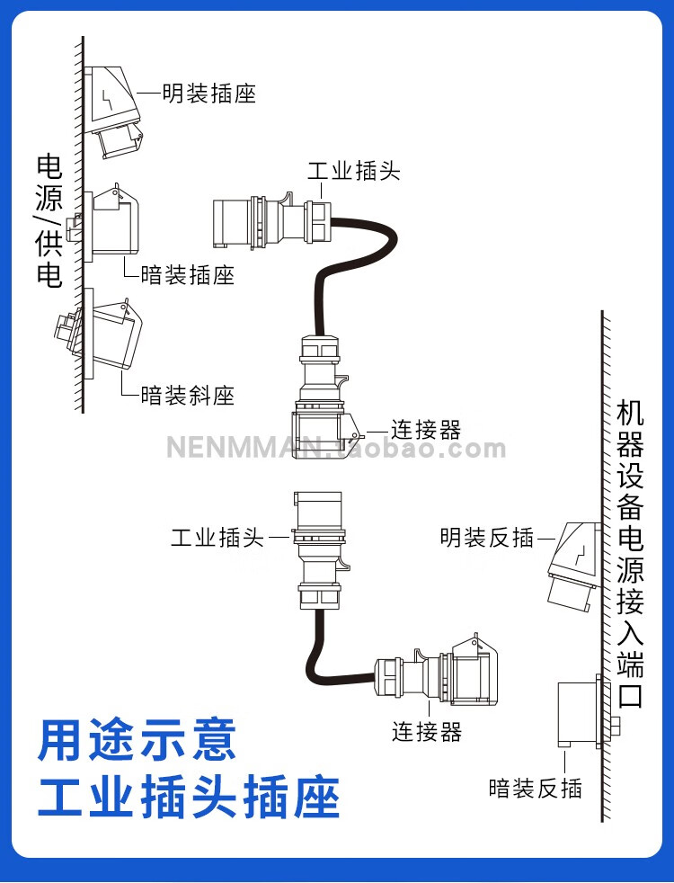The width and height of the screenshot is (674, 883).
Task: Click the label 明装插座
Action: pyautogui.click(x=208, y=93)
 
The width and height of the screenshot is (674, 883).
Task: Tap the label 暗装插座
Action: pyautogui.click(x=187, y=274)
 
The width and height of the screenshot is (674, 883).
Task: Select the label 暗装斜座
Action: pyautogui.click(x=187, y=395)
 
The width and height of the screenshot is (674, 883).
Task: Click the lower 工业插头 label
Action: pyautogui.click(x=217, y=538)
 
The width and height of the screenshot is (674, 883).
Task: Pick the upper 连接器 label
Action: pyautogui.click(x=426, y=430)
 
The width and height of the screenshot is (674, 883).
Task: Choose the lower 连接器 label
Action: pyautogui.click(x=426, y=732)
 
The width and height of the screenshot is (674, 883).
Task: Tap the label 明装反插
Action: pyautogui.click(x=486, y=538)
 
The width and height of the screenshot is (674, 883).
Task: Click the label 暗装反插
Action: pyautogui.click(x=535, y=789)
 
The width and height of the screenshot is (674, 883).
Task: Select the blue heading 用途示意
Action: pyautogui.click(x=137, y=739)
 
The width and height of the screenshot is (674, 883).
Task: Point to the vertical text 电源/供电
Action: pyautogui.click(x=49, y=220)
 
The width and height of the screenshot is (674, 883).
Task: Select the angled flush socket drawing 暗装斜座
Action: pyautogui.click(x=103, y=338)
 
